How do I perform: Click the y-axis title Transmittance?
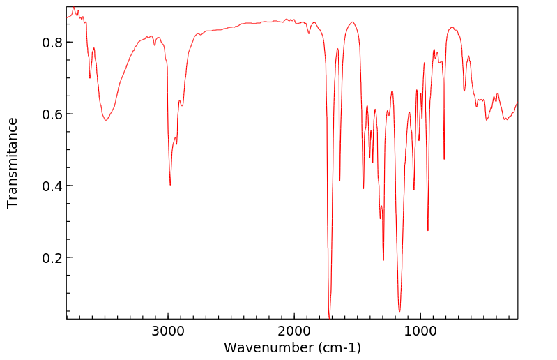click(x=13, y=163)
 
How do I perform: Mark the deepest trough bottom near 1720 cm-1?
click(x=329, y=317)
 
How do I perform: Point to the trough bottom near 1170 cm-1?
click(x=399, y=311)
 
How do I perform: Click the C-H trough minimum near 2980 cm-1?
click(x=170, y=185)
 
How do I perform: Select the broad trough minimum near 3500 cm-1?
click(x=106, y=121)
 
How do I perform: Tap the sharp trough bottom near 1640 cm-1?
click(x=339, y=181)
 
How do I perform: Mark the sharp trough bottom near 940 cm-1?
click(x=428, y=230)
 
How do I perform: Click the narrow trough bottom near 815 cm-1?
click(x=444, y=159)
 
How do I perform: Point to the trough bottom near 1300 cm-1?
click(x=383, y=260)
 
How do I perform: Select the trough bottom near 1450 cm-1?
click(x=363, y=188)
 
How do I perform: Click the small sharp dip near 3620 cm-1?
click(x=90, y=77)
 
